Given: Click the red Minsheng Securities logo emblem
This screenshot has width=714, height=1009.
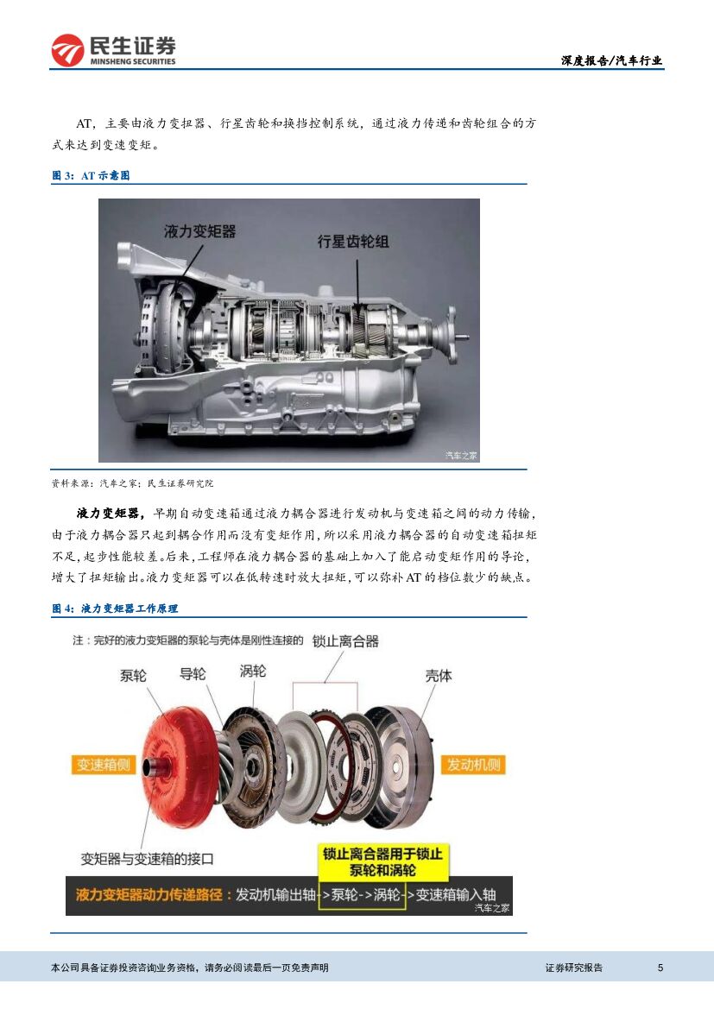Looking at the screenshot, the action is click(x=67, y=50).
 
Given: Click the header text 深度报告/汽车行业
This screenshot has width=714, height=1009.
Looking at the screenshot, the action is click(x=611, y=60).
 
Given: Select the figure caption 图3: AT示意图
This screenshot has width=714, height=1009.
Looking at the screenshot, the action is click(x=91, y=176).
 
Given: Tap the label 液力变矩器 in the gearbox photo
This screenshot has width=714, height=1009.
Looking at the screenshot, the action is click(x=199, y=231).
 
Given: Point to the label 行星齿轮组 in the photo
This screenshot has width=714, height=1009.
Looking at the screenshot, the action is click(x=353, y=242).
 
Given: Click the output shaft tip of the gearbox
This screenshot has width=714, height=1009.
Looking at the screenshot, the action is click(x=464, y=337).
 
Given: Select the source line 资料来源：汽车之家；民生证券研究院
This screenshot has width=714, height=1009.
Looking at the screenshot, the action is click(x=132, y=483).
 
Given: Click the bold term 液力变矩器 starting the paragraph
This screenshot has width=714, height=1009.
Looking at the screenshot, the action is click(x=108, y=514).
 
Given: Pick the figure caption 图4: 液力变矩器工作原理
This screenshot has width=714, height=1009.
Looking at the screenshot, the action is click(x=115, y=609).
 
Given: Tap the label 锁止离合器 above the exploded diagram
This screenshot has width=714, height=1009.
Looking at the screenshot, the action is click(x=345, y=641).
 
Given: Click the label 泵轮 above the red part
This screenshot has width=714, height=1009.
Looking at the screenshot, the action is click(x=133, y=676).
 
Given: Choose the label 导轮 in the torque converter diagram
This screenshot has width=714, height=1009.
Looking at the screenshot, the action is click(x=193, y=674).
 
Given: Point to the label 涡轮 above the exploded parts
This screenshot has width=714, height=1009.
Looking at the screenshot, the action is click(x=252, y=672).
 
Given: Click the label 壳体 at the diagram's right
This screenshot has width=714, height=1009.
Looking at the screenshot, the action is click(x=439, y=676).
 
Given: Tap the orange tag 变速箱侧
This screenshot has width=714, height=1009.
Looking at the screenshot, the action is click(x=103, y=765).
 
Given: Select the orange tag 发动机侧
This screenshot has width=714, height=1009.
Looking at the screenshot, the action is click(x=473, y=765).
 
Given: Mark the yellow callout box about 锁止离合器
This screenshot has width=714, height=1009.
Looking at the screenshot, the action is click(x=382, y=862).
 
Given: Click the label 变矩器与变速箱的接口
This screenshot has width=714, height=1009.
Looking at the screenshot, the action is click(x=147, y=859).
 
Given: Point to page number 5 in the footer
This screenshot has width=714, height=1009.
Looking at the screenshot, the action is click(x=660, y=968).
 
